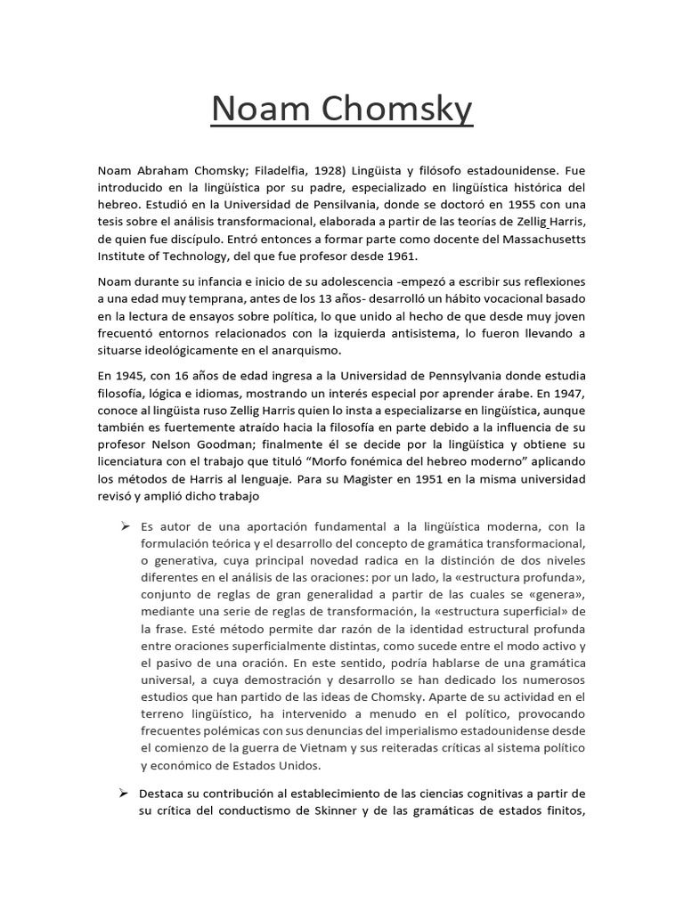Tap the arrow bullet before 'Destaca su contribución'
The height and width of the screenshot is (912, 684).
(x=126, y=792)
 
